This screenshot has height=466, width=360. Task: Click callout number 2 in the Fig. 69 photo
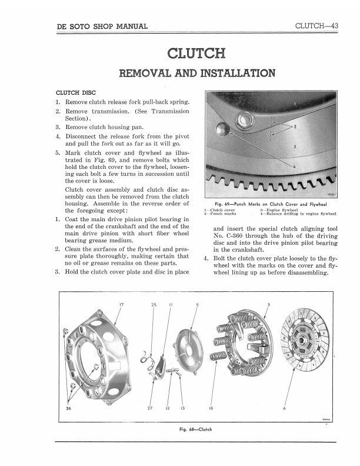294,127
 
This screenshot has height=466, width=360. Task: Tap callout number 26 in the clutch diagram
69,409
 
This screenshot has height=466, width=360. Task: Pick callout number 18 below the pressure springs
211,409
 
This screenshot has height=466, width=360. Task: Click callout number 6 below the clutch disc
284,409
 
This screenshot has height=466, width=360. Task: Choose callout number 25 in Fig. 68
154,304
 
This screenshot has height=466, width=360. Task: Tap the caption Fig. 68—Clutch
195,429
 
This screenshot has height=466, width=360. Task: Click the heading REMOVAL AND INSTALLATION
196,74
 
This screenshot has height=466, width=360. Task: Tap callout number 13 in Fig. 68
182,409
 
